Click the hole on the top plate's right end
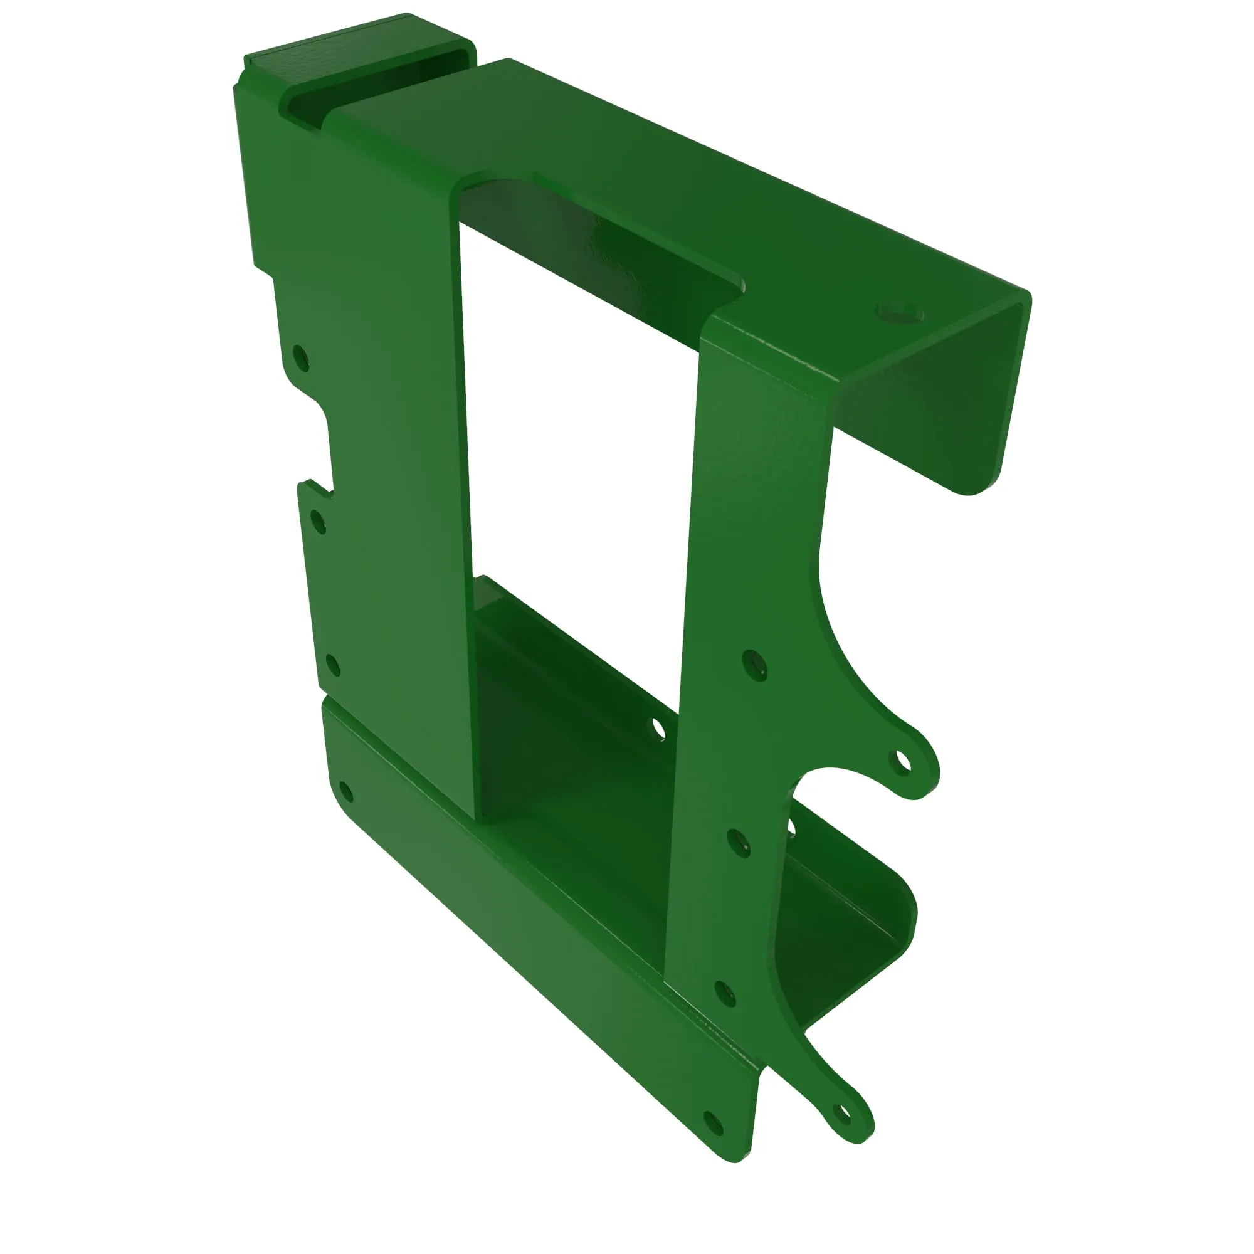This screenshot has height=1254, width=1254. pyautogui.click(x=900, y=313)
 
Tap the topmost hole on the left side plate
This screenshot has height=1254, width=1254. pyautogui.click(x=300, y=357)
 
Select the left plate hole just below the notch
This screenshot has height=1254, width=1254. pyautogui.click(x=318, y=521)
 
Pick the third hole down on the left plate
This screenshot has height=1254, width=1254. pyautogui.click(x=332, y=665)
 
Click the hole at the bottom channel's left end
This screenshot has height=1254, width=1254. pyautogui.click(x=346, y=792)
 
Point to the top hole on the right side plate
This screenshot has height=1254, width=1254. pyautogui.click(x=754, y=665)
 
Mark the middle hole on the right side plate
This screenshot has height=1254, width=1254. pyautogui.click(x=738, y=843)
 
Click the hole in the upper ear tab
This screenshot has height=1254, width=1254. pyautogui.click(x=902, y=762)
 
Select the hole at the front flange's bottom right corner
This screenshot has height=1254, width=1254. pyautogui.click(x=714, y=1123)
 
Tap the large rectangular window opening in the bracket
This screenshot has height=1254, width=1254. pyautogui.click(x=577, y=416)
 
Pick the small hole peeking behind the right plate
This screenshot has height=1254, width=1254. pyautogui.click(x=791, y=826)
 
